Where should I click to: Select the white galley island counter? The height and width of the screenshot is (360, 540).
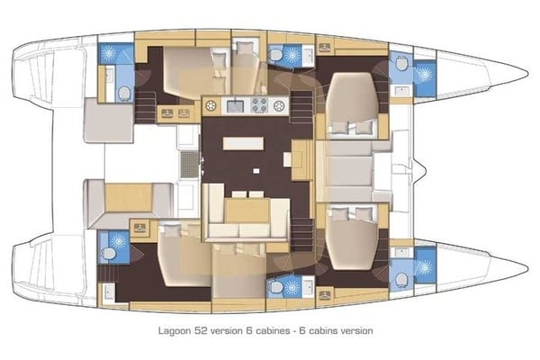239,143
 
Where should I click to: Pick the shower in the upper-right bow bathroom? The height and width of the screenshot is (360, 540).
423,72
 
